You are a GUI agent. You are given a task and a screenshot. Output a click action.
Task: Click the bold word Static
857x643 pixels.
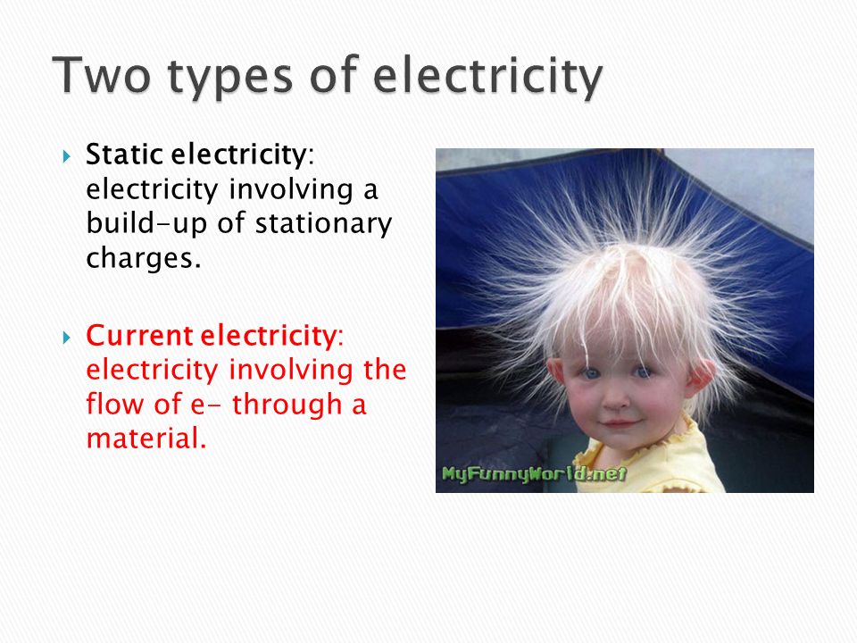[x=125, y=154]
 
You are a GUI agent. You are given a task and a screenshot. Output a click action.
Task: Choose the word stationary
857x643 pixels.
[x=323, y=224]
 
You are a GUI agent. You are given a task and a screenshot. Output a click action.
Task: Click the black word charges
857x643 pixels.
[x=144, y=258]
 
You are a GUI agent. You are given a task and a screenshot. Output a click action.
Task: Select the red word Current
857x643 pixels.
[x=139, y=335]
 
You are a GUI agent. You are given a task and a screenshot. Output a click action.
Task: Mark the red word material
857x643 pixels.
[x=146, y=438]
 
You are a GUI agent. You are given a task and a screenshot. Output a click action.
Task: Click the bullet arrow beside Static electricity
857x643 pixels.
[x=67, y=157]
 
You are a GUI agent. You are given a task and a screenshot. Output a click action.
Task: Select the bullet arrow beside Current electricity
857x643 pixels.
[x=67, y=338]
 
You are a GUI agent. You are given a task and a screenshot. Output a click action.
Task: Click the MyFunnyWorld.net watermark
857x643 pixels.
[x=534, y=473]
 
